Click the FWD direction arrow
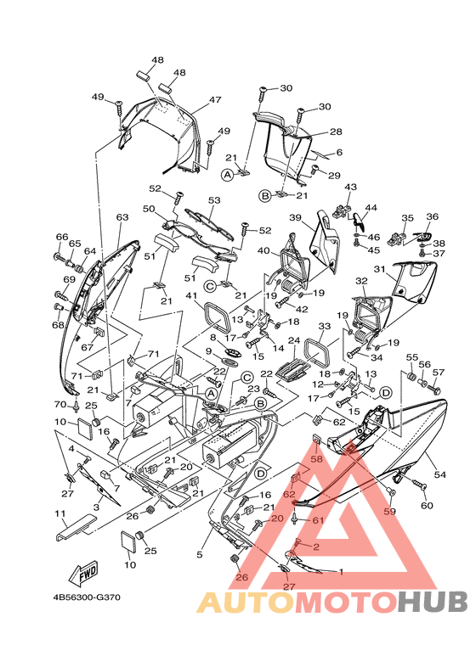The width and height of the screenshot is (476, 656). pyautogui.click(x=86, y=574)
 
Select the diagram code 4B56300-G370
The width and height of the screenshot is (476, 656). pyautogui.click(x=87, y=597)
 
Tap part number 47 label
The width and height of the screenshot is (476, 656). pyautogui.click(x=215, y=99)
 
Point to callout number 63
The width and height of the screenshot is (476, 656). pyautogui.click(x=122, y=217)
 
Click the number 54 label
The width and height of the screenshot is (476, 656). pyautogui.click(x=440, y=474)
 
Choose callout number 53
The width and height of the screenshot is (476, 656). pyautogui.click(x=214, y=200)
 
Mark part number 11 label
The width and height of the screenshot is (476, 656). pyautogui.click(x=59, y=513)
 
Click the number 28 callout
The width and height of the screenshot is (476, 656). pyautogui.click(x=336, y=132)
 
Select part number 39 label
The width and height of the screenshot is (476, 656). pyautogui.click(x=296, y=217)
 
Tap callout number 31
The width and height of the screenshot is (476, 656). pyautogui.click(x=379, y=269)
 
